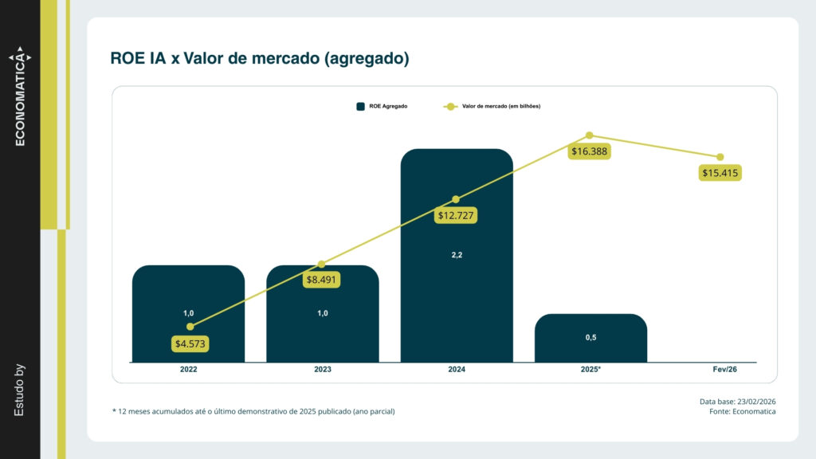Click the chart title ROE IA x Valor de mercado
[260, 59]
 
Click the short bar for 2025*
[590, 338]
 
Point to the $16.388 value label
[590, 151]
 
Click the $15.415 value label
[720, 172]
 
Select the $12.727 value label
[456, 214]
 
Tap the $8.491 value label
[322, 280]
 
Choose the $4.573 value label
[190, 343]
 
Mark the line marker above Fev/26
[720, 157]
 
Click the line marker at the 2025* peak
[590, 135]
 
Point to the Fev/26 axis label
[724, 370]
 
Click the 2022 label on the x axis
[189, 370]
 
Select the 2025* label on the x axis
[590, 370]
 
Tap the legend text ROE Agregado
[388, 106]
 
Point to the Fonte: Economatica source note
[742, 411]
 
